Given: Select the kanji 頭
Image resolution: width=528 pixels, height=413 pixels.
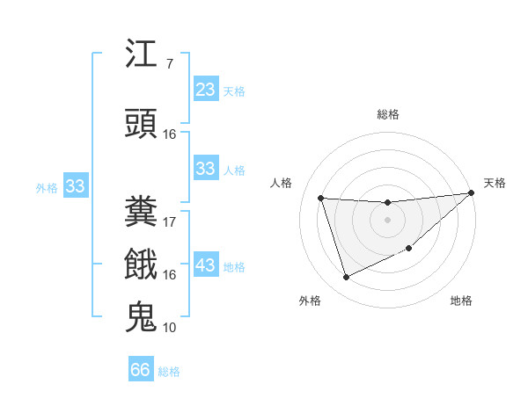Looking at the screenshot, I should tap(142, 123).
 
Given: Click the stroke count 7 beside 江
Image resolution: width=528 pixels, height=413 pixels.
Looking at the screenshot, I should tap(169, 64).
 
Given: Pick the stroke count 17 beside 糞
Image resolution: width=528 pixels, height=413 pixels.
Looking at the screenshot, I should tap(170, 221).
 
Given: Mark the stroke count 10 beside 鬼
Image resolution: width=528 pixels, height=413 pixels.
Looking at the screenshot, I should tap(170, 327).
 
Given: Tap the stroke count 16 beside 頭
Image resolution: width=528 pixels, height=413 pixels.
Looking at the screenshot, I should tap(170, 134).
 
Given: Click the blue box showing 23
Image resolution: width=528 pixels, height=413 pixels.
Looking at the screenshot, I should tap(205, 90).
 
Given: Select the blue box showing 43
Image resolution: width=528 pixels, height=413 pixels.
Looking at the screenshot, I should tap(205, 265).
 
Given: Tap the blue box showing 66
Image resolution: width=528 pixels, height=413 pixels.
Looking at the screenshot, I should tap(140, 370).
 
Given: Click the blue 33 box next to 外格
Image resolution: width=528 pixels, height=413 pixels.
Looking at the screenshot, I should tap(75, 186).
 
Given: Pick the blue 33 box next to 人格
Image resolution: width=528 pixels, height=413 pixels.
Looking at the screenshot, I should tap(205, 169).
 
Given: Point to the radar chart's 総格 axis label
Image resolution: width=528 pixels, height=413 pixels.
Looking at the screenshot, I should tap(387, 114).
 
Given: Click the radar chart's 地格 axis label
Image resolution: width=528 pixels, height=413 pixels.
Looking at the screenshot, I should tap(461, 301).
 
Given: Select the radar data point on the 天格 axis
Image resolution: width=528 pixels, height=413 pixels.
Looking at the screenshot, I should tap(471, 193).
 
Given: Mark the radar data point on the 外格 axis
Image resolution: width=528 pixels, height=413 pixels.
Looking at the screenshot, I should tap(346, 278).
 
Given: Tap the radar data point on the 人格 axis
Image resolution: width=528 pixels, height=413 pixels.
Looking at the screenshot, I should tap(321, 199).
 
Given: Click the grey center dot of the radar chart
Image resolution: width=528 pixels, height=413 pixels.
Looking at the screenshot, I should tap(387, 220).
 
